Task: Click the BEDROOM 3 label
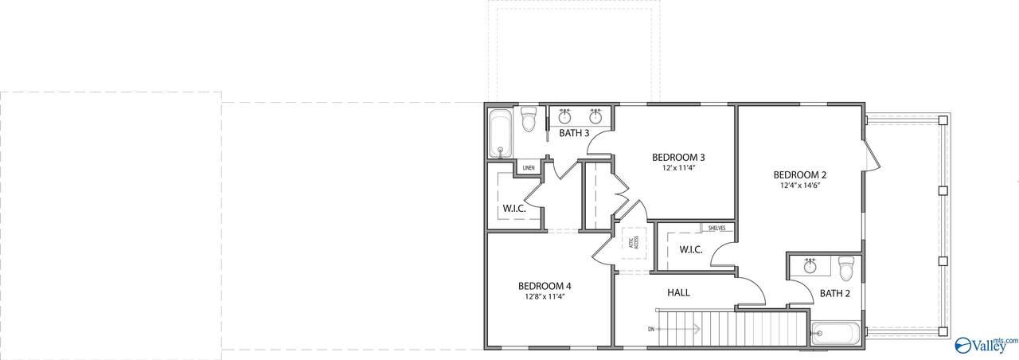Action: (678, 158)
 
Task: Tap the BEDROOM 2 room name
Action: (800, 174)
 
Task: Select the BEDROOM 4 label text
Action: (545, 286)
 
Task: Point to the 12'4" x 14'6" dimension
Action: (800, 186)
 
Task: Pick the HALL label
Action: (678, 292)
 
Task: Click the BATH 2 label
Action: (835, 294)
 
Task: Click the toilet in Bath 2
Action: (846, 268)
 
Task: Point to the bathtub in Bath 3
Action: (501, 133)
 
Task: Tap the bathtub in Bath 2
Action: (836, 334)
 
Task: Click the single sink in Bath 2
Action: (810, 265)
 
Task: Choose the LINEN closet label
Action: (528, 168)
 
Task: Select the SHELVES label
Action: (717, 228)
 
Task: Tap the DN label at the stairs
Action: (651, 329)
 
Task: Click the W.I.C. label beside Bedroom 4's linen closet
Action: (514, 209)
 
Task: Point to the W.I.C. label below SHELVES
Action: (691, 250)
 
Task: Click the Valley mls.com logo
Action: (986, 345)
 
